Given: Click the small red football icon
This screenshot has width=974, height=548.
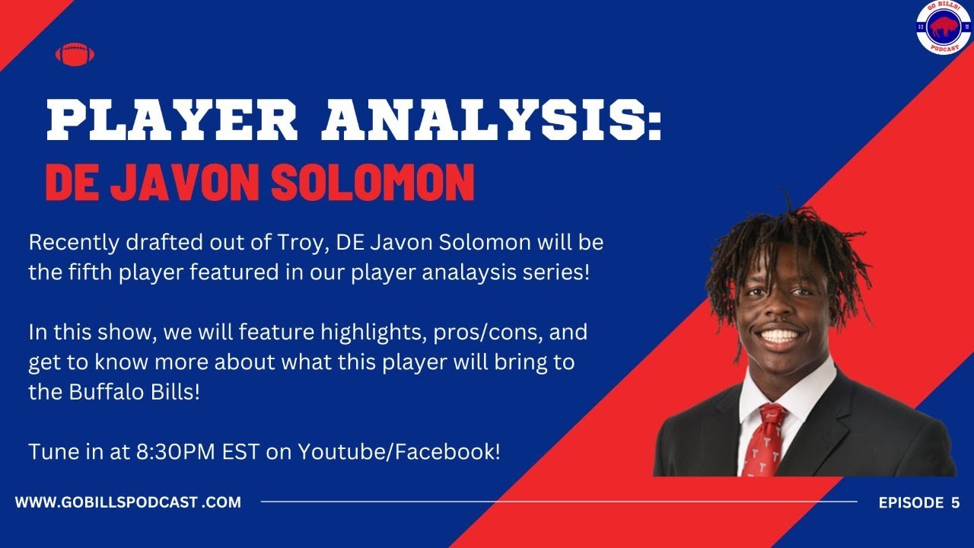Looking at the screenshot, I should tap(74, 55).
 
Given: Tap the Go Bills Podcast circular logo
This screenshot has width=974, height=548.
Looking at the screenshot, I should tap(944, 28).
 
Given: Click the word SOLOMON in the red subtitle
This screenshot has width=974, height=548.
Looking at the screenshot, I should tap(374, 182).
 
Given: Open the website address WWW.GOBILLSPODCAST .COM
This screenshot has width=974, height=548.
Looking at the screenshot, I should tap(128, 502).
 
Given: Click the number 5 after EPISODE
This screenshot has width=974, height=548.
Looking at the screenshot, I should tap(955, 502).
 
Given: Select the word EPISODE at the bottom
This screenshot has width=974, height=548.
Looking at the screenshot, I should tap(909, 502).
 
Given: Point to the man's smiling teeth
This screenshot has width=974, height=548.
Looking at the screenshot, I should tap(779, 335).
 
